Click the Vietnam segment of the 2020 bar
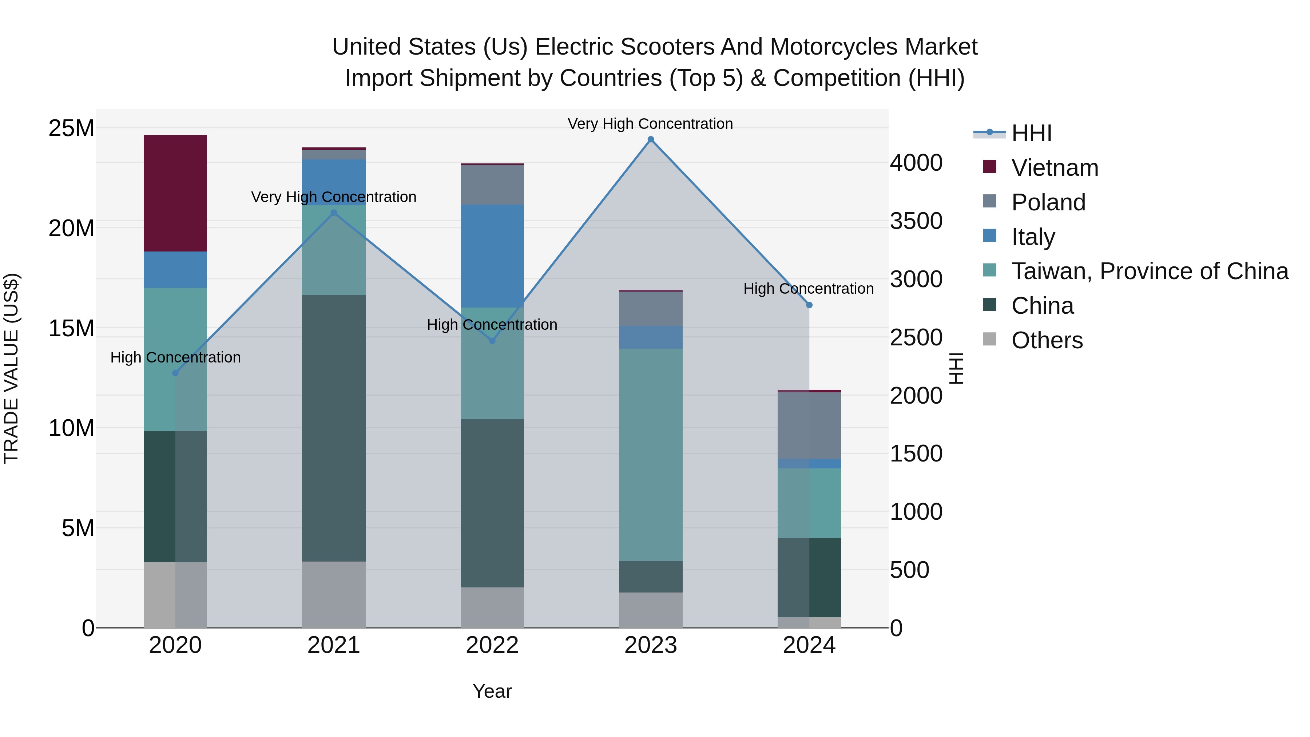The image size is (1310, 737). click(175, 193)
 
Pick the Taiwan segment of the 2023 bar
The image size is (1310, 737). click(650, 455)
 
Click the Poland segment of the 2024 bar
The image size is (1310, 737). click(809, 425)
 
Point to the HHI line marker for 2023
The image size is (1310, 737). click(650, 139)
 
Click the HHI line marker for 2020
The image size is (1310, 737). click(175, 373)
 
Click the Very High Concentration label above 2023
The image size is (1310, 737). click(650, 124)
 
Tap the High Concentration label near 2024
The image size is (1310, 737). click(808, 288)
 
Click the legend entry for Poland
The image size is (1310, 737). click(1048, 202)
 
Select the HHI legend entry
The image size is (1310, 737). click(1031, 133)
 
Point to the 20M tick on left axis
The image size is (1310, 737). click(71, 228)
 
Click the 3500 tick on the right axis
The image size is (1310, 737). click(916, 221)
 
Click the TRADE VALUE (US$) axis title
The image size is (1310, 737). click(12, 368)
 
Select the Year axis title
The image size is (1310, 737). click(492, 691)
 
